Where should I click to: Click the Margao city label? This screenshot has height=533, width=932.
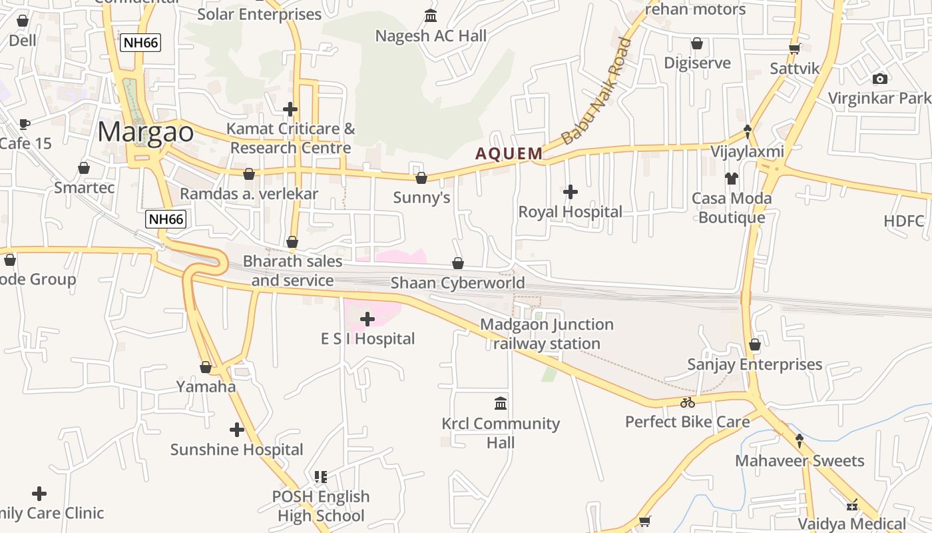point(146,132)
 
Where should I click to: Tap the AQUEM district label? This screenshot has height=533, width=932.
point(509,154)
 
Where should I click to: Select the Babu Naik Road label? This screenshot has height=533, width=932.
point(596,92)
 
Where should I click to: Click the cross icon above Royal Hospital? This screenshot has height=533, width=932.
point(571,192)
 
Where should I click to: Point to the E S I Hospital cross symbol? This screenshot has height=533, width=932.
point(367,319)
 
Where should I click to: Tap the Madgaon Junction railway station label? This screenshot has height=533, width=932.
point(547,334)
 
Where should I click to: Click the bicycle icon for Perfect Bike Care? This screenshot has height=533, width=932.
point(688,402)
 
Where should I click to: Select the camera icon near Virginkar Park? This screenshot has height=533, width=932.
point(880,79)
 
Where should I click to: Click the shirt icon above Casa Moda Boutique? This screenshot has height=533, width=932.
point(732,178)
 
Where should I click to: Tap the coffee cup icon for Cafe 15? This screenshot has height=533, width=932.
point(25,124)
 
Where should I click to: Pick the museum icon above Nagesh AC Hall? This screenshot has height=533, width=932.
point(431,15)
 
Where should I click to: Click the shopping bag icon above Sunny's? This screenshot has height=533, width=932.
point(421,178)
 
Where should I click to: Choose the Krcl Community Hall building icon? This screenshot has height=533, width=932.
point(501,403)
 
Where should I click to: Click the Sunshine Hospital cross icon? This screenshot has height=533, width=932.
point(236,430)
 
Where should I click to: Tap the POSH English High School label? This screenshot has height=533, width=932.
point(321,506)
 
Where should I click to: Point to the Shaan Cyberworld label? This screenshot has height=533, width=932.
point(457,283)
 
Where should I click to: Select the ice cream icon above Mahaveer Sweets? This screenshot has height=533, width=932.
point(799,440)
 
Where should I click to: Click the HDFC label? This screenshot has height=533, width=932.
point(904,221)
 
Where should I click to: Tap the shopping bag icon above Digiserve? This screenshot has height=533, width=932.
point(697,43)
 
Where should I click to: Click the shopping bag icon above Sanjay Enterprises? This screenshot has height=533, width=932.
point(754,344)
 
